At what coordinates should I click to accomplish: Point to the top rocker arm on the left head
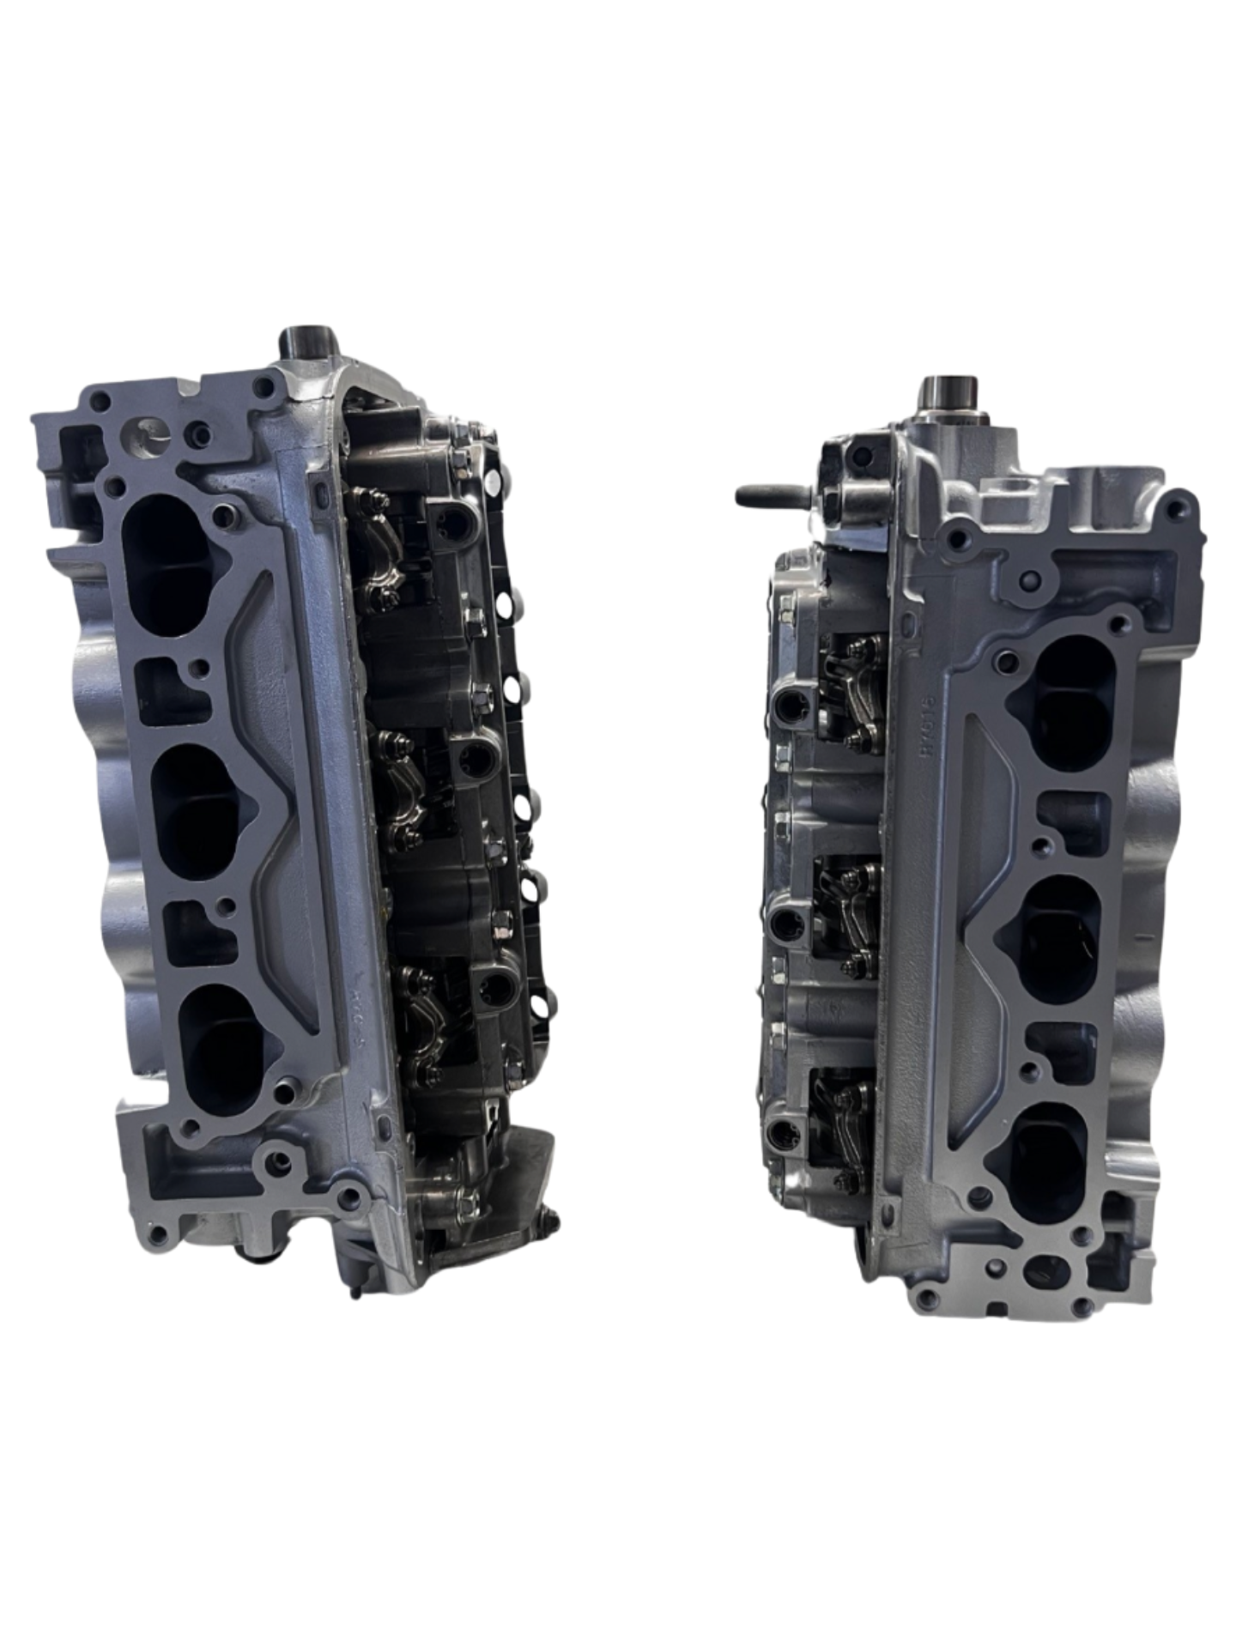[382, 544]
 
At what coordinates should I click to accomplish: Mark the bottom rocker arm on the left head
[424, 1026]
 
